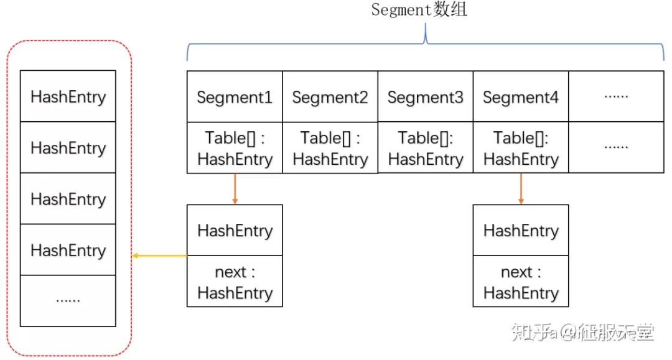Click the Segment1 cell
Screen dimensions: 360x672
235,97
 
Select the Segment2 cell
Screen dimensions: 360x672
330,97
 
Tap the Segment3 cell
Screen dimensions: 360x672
425,97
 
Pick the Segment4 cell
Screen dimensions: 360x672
521,97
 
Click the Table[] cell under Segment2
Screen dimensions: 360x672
330,148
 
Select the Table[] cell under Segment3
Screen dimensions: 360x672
425,148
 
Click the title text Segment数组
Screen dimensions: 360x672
418,11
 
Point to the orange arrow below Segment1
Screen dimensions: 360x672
235,188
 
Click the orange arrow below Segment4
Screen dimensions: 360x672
521,188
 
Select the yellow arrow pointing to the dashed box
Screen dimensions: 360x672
159,256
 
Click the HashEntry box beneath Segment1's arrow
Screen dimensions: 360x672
235,230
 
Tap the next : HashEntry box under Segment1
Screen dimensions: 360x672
235,282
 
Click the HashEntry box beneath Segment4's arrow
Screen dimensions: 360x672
521,230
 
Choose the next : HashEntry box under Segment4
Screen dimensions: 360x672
521,282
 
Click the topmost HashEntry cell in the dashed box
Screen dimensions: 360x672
68,96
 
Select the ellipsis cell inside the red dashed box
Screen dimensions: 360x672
68,301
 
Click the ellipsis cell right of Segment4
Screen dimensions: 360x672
616,97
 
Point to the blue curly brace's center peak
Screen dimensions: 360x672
425,36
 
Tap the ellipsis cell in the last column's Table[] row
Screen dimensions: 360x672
616,148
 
